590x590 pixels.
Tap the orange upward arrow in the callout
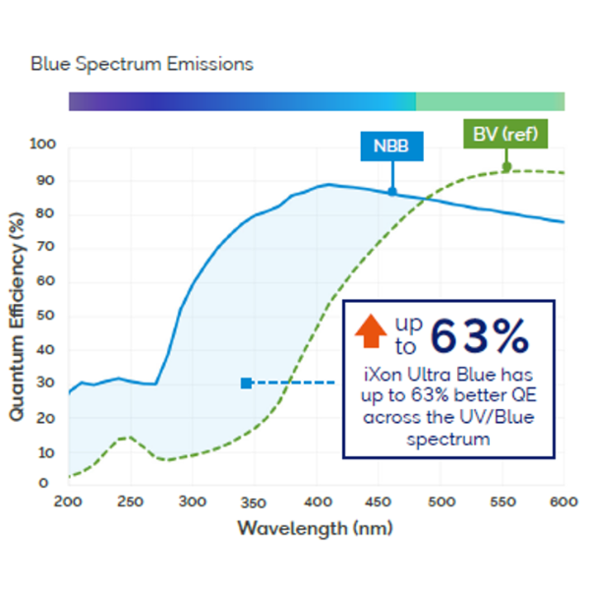pos(372,330)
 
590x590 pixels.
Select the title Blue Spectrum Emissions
pos(142,64)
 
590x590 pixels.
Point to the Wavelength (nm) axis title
pos(315,528)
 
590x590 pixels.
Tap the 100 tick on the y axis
pos(44,146)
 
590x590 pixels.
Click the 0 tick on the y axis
pos(43,483)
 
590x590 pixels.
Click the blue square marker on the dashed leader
pos(246,383)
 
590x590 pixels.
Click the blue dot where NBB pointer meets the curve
pos(392,191)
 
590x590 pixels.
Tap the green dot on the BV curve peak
pos(506,167)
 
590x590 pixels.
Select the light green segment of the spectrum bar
pos(490,101)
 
